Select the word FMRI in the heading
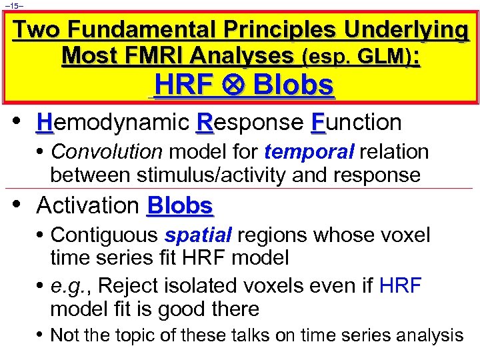tap(170, 56)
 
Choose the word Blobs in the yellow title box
tap(293, 86)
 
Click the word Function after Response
tap(357, 122)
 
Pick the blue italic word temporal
tap(309, 152)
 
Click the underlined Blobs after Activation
tap(179, 205)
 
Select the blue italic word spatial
tap(198, 235)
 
